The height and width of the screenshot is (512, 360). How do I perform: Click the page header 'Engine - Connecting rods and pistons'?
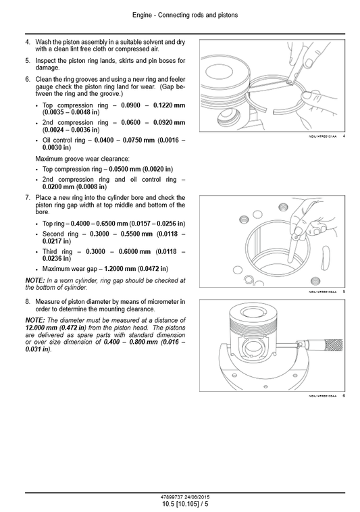pos(180,14)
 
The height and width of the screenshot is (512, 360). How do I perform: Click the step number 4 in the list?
pos(28,42)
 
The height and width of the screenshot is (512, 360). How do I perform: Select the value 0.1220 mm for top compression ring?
pos(170,105)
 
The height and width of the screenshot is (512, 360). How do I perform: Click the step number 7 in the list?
pos(28,197)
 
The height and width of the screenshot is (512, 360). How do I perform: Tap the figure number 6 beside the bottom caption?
pos(344,395)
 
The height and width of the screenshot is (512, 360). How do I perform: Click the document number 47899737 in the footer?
pos(165,497)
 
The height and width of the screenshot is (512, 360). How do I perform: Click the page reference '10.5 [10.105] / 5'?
pos(180,504)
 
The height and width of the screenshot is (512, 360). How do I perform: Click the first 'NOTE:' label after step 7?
pos(35,280)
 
